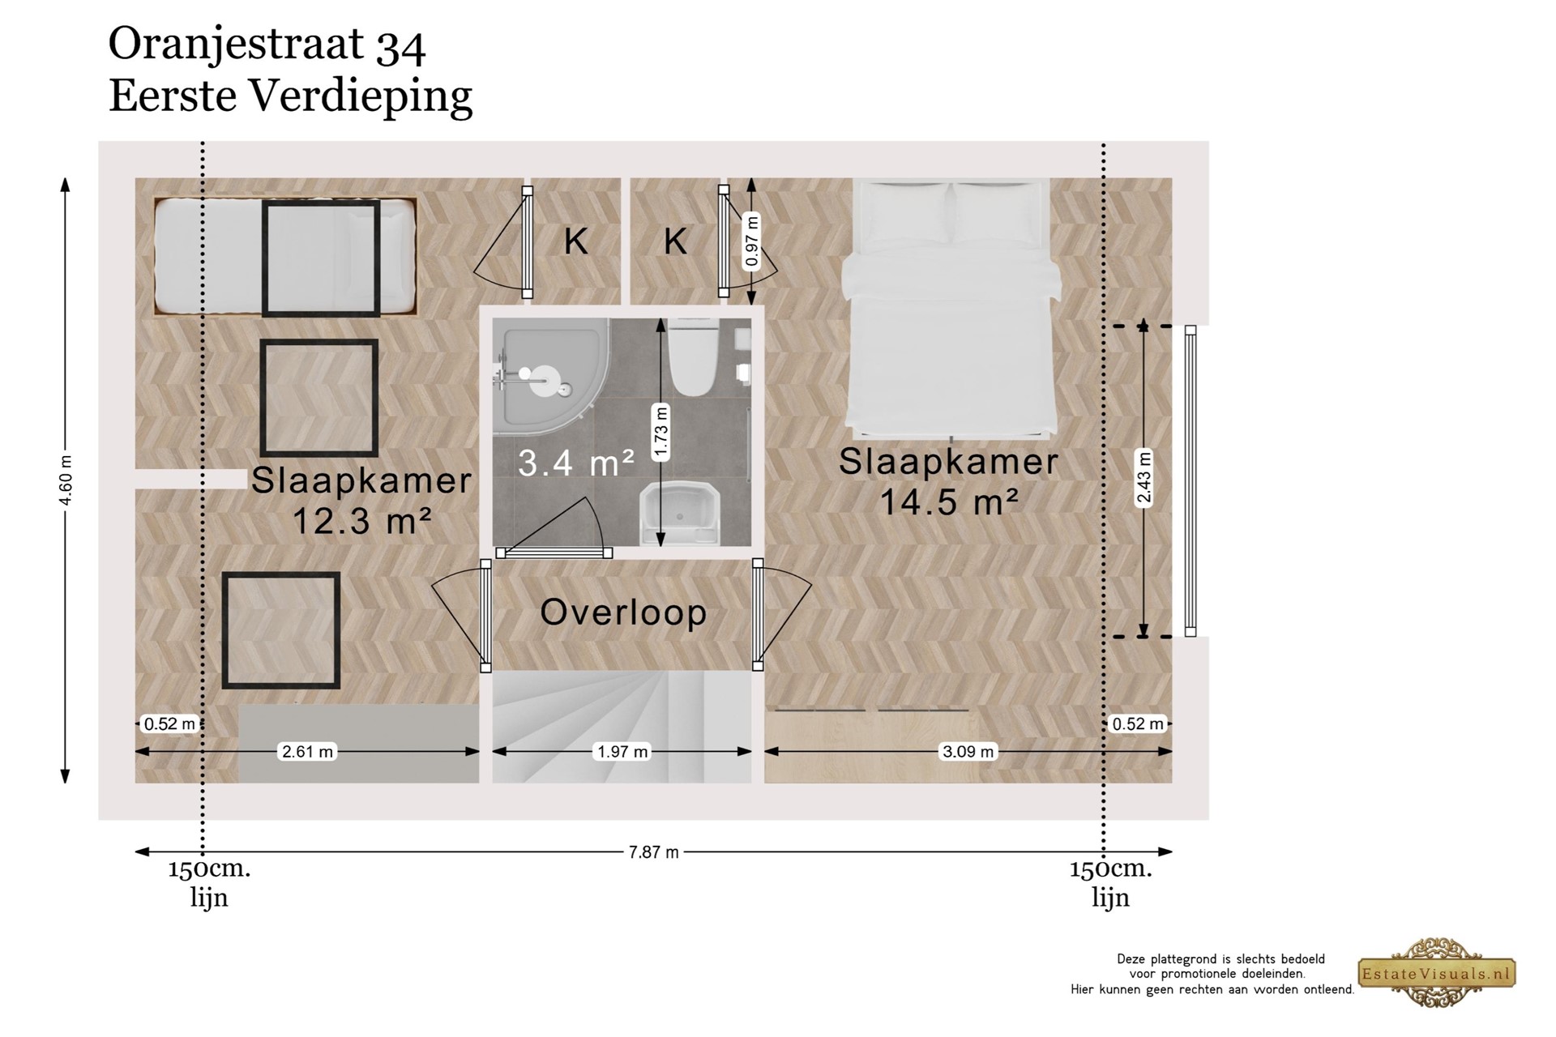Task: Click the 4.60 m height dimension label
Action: [66, 480]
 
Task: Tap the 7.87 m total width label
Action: [653, 852]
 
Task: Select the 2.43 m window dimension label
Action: [1143, 477]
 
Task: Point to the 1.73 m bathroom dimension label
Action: [661, 433]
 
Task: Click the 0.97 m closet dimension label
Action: [751, 241]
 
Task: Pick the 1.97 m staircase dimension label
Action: [622, 752]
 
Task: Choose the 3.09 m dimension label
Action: [968, 752]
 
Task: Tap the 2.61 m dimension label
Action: [307, 752]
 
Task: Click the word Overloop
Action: [623, 612]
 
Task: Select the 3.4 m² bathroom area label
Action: [576, 463]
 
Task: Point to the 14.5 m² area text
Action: [949, 502]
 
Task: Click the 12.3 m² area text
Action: [361, 521]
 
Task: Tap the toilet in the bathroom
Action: [691, 356]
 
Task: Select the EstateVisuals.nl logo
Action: [1436, 973]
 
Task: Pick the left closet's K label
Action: [576, 241]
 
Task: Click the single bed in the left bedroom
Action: [285, 257]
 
